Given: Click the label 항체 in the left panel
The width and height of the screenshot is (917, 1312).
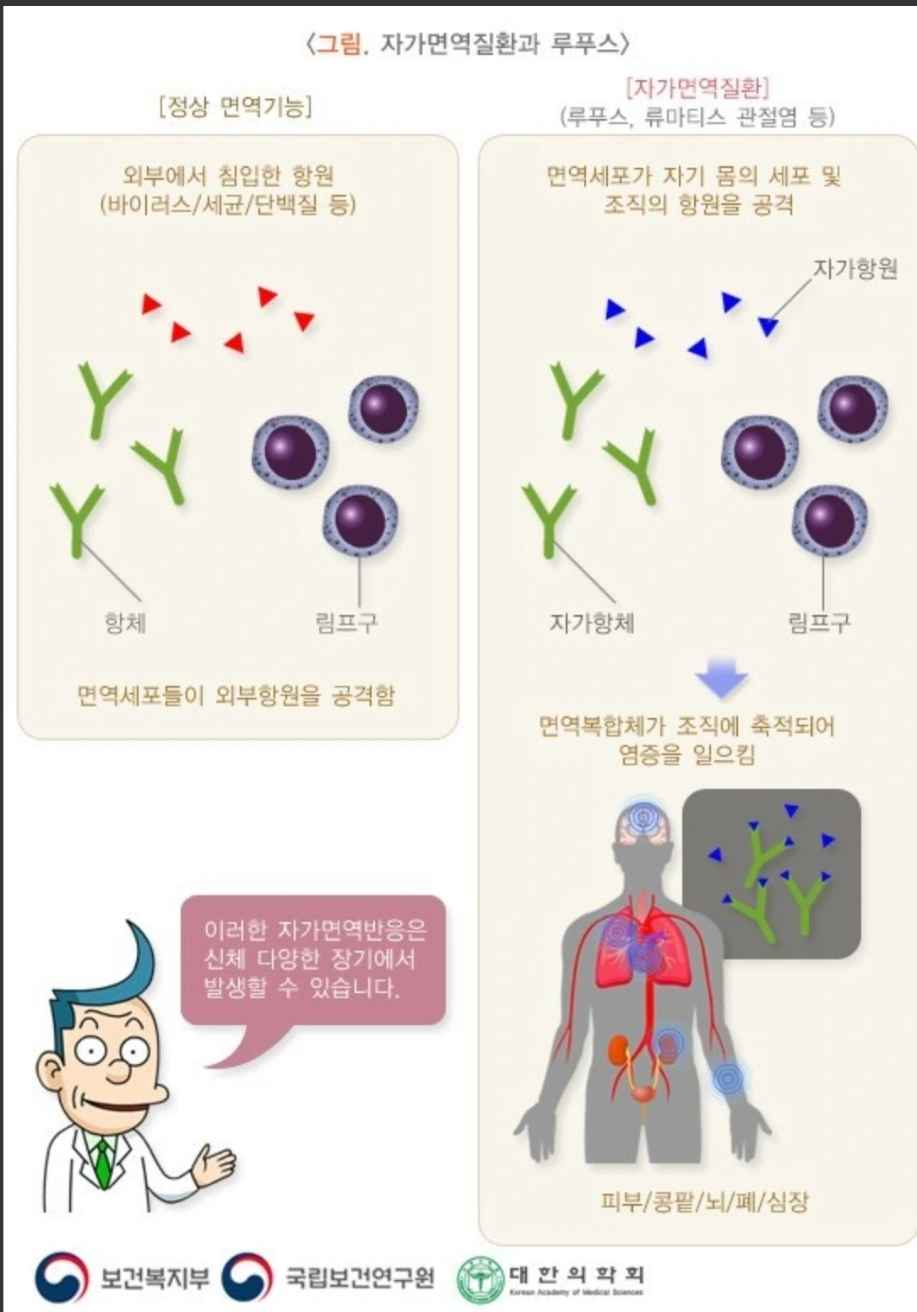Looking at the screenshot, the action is [125, 623].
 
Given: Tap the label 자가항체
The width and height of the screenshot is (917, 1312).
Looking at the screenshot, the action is [591, 623].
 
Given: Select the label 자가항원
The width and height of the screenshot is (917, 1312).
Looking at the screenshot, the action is [854, 268].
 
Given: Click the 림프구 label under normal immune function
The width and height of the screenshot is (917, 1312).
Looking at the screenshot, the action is [346, 623].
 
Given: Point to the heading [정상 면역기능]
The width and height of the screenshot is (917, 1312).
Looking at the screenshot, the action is [236, 106].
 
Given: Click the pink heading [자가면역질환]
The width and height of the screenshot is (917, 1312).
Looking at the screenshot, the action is [697, 87].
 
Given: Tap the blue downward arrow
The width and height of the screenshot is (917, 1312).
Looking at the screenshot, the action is [721, 676].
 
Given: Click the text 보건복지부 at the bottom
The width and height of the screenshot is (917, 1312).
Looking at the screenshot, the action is [154, 1277].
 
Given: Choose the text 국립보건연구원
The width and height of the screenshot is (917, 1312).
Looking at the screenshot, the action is [359, 1277].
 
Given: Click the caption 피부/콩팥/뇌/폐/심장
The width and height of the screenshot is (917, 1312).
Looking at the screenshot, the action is [704, 1201].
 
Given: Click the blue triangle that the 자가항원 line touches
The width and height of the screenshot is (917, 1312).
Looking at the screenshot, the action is [768, 326].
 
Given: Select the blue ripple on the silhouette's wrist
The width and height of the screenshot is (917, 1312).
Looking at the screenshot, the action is [728, 1078].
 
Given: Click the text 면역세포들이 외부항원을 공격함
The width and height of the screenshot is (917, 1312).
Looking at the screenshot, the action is [236, 695].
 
